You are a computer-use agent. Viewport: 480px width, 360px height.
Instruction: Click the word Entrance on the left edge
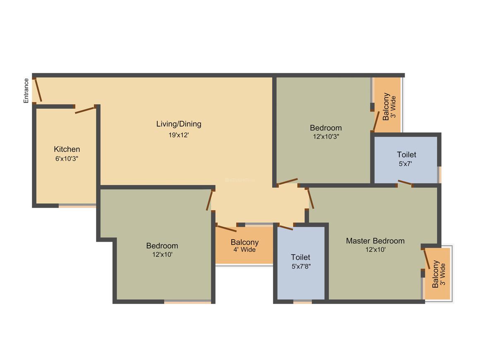26,91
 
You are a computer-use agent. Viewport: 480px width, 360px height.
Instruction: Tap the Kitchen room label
67,149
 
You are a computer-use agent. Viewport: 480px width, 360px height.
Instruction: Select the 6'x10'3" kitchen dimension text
67,158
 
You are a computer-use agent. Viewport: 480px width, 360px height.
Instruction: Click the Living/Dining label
179,124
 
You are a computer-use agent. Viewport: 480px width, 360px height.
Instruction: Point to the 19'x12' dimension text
179,134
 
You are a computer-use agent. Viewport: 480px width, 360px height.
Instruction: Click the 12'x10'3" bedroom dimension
326,136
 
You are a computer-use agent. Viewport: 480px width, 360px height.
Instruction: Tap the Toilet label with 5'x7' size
406,155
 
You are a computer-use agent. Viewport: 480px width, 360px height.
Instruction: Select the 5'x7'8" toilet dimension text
301,266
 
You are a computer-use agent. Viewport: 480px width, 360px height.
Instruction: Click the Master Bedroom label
375,241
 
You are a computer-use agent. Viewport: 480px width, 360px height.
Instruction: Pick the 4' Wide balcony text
245,250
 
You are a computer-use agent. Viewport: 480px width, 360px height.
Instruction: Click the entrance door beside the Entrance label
38,90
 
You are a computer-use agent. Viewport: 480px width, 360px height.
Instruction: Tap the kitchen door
85,110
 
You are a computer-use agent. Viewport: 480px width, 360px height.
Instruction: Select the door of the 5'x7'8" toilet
286,227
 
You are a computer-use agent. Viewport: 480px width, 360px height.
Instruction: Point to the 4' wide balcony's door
226,228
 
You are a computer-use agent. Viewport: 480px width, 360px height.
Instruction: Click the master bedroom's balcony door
427,259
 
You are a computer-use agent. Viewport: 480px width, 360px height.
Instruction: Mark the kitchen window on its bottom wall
77,205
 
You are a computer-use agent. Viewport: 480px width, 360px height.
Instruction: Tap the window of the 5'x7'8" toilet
302,302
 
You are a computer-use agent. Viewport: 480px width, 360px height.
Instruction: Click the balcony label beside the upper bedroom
386,107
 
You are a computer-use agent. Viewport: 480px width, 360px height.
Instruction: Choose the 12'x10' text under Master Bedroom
375,250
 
